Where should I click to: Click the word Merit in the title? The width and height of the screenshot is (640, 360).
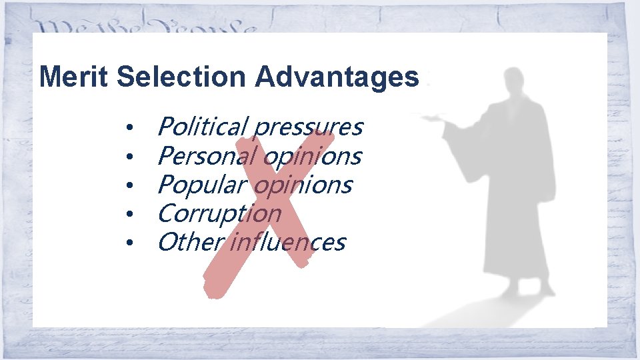[74, 77]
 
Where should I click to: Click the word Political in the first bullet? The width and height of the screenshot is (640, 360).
[202, 126]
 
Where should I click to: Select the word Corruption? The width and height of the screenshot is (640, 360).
[219, 214]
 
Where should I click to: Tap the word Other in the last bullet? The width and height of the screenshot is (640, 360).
[189, 242]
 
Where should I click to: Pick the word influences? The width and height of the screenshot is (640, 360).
[287, 242]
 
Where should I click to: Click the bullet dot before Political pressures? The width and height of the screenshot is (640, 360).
[133, 127]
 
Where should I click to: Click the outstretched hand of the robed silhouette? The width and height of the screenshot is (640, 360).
[437, 117]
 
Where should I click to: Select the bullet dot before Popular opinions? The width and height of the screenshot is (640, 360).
[133, 185]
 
